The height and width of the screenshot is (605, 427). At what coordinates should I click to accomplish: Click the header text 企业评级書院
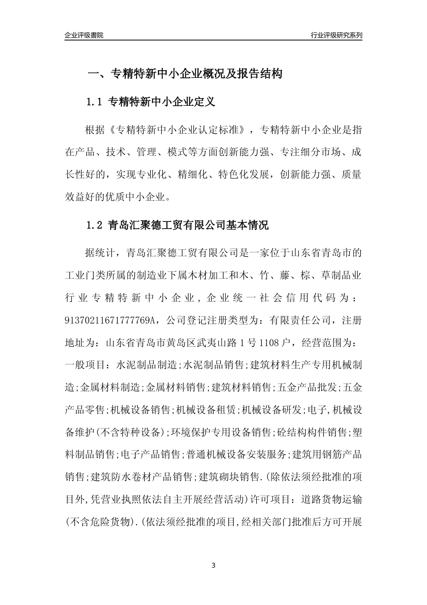point(84,35)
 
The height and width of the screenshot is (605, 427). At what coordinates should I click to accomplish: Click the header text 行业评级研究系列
point(336,35)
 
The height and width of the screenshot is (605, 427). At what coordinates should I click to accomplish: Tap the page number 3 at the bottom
point(213,565)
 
